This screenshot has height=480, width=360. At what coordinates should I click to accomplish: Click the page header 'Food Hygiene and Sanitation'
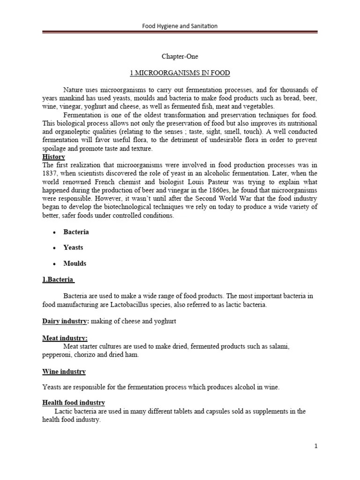tap(180, 26)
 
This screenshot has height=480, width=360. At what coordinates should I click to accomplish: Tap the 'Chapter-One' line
tap(180, 57)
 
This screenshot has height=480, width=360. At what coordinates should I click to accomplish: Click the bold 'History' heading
tap(53, 157)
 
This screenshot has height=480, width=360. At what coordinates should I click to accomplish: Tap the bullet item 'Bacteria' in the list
tap(76, 232)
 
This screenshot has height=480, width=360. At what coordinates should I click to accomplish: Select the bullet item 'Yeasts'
tap(73, 247)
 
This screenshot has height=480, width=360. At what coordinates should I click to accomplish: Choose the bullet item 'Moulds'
tap(75, 263)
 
